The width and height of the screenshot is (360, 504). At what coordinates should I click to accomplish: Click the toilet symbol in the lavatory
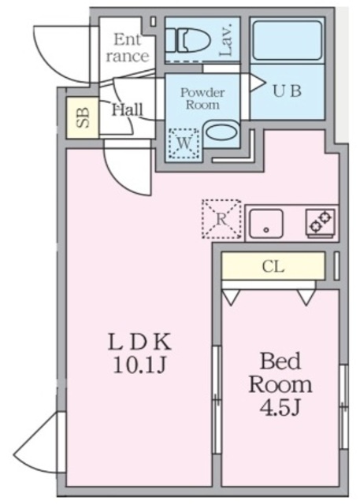(x=186, y=39)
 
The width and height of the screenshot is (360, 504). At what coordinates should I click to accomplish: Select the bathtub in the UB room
(x=287, y=39)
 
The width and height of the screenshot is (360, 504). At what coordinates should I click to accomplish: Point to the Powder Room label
(x=202, y=98)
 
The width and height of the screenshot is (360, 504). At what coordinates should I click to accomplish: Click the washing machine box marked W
(x=183, y=143)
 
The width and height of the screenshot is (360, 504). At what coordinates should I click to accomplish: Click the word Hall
(x=127, y=109)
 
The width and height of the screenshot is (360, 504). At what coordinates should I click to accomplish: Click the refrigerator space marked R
(x=221, y=219)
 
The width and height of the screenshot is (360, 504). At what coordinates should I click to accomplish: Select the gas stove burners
(x=321, y=222)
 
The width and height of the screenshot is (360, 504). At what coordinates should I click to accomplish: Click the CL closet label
(x=273, y=266)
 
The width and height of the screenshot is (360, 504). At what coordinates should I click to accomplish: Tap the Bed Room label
(x=280, y=373)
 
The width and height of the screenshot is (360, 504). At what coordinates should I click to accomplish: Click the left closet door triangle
(x=231, y=297)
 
